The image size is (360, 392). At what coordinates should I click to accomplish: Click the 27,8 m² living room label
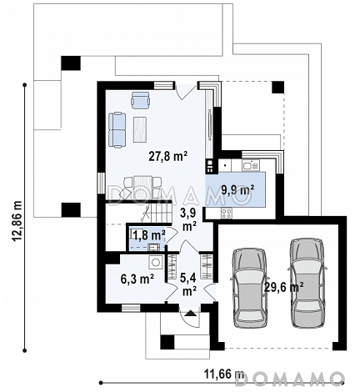tap(168, 157)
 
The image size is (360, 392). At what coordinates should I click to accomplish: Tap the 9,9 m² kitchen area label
tap(237, 190)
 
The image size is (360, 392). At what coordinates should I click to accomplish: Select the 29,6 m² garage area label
tap(283, 288)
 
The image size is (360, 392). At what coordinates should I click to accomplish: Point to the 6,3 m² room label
tap(137, 279)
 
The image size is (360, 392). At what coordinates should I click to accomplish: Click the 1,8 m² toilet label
tap(148, 235)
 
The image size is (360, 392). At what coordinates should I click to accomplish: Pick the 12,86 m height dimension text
tap(17, 222)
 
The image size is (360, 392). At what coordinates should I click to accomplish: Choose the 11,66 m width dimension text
tap(224, 374)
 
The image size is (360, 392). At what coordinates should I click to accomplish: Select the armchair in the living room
tap(140, 100)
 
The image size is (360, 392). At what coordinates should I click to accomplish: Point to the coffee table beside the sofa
tap(140, 129)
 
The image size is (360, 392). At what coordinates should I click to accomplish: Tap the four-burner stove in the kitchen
tap(227, 214)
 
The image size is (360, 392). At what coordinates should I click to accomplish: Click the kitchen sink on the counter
tap(250, 165)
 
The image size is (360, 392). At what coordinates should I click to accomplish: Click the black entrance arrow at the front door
tap(190, 313)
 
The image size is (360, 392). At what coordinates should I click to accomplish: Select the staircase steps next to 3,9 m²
tap(157, 213)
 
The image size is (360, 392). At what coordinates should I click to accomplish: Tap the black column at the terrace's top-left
tap(71, 63)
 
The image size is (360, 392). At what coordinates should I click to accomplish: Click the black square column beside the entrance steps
tap(167, 342)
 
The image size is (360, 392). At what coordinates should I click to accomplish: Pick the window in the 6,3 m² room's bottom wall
tap(131, 308)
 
